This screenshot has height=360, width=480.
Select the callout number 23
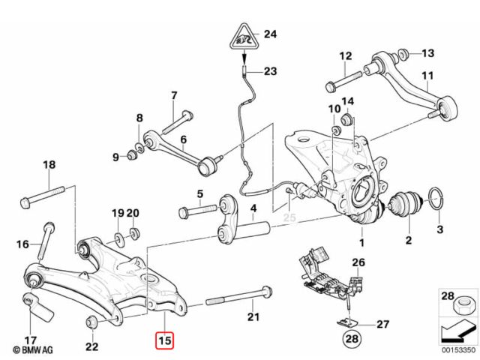[x=270, y=72]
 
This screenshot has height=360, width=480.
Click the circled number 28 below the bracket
[x=350, y=340]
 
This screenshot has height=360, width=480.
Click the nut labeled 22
[x=91, y=322]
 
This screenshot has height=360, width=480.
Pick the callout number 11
[x=427, y=76]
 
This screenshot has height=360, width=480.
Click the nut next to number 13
[x=403, y=53]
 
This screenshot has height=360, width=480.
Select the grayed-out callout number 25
[x=290, y=218]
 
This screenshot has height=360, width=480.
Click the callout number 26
[x=358, y=262]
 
